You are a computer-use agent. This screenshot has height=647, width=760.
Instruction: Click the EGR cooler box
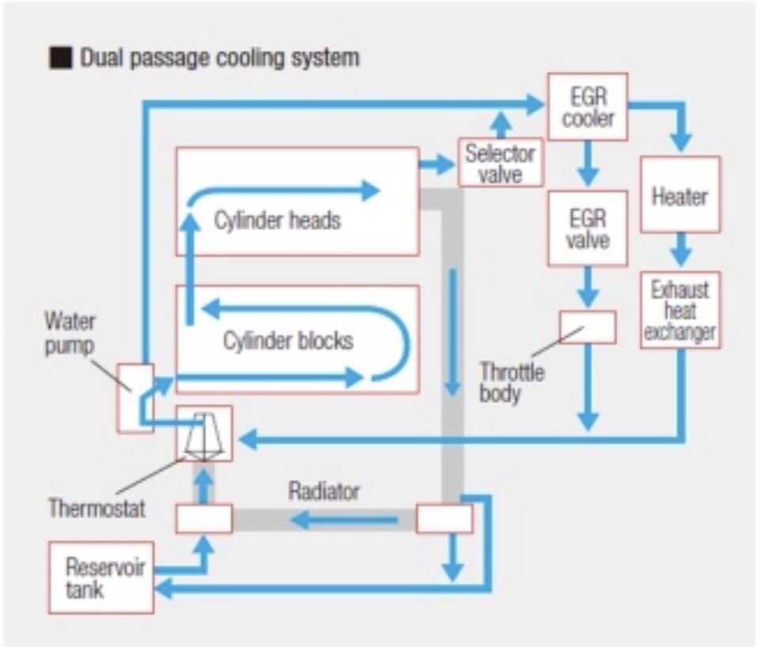(587, 107)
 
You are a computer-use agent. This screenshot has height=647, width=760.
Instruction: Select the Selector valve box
(498, 163)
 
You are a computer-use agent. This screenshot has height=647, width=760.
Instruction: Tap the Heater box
(680, 195)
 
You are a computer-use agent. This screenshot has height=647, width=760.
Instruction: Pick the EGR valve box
(587, 227)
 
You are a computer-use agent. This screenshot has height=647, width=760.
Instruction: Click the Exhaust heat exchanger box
(680, 310)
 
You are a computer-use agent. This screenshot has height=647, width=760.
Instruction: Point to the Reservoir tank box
(101, 577)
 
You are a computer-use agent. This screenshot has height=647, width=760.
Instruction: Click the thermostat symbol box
(203, 433)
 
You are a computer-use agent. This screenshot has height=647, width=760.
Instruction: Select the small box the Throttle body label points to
(587, 327)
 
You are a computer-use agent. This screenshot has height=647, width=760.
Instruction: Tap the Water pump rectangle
(135, 398)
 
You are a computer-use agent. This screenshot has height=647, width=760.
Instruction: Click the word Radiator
(323, 491)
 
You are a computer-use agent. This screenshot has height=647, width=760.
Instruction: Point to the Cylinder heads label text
(277, 220)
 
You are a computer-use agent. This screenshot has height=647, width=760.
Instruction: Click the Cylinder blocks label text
(287, 342)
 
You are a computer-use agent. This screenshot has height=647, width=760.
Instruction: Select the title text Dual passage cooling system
(218, 58)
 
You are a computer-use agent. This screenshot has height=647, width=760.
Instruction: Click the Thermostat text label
(97, 507)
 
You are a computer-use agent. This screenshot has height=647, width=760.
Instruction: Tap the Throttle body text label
(511, 383)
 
